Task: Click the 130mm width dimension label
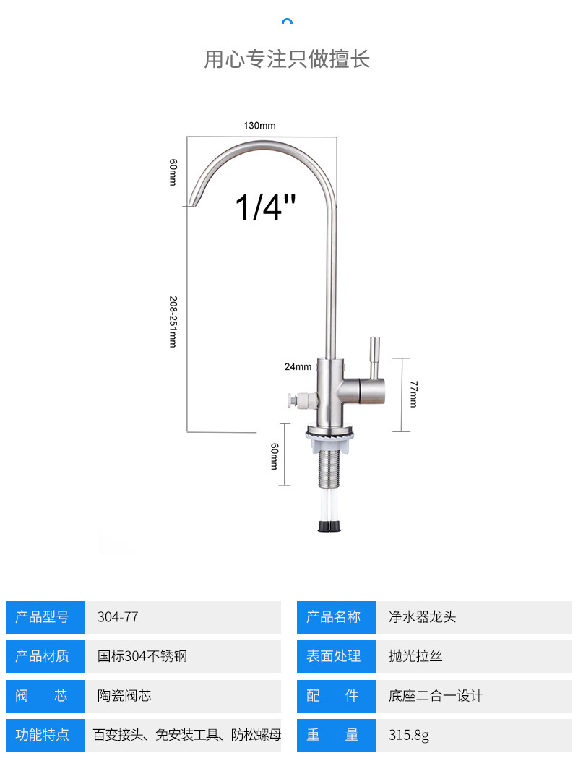coord(259,126)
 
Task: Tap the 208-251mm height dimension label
coord(173,322)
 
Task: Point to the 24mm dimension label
coord(298,366)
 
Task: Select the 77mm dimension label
coord(413,394)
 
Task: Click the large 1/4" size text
coord(266,207)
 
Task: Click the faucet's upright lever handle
coord(374,358)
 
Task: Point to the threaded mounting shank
coord(329,469)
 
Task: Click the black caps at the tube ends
coord(329,525)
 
